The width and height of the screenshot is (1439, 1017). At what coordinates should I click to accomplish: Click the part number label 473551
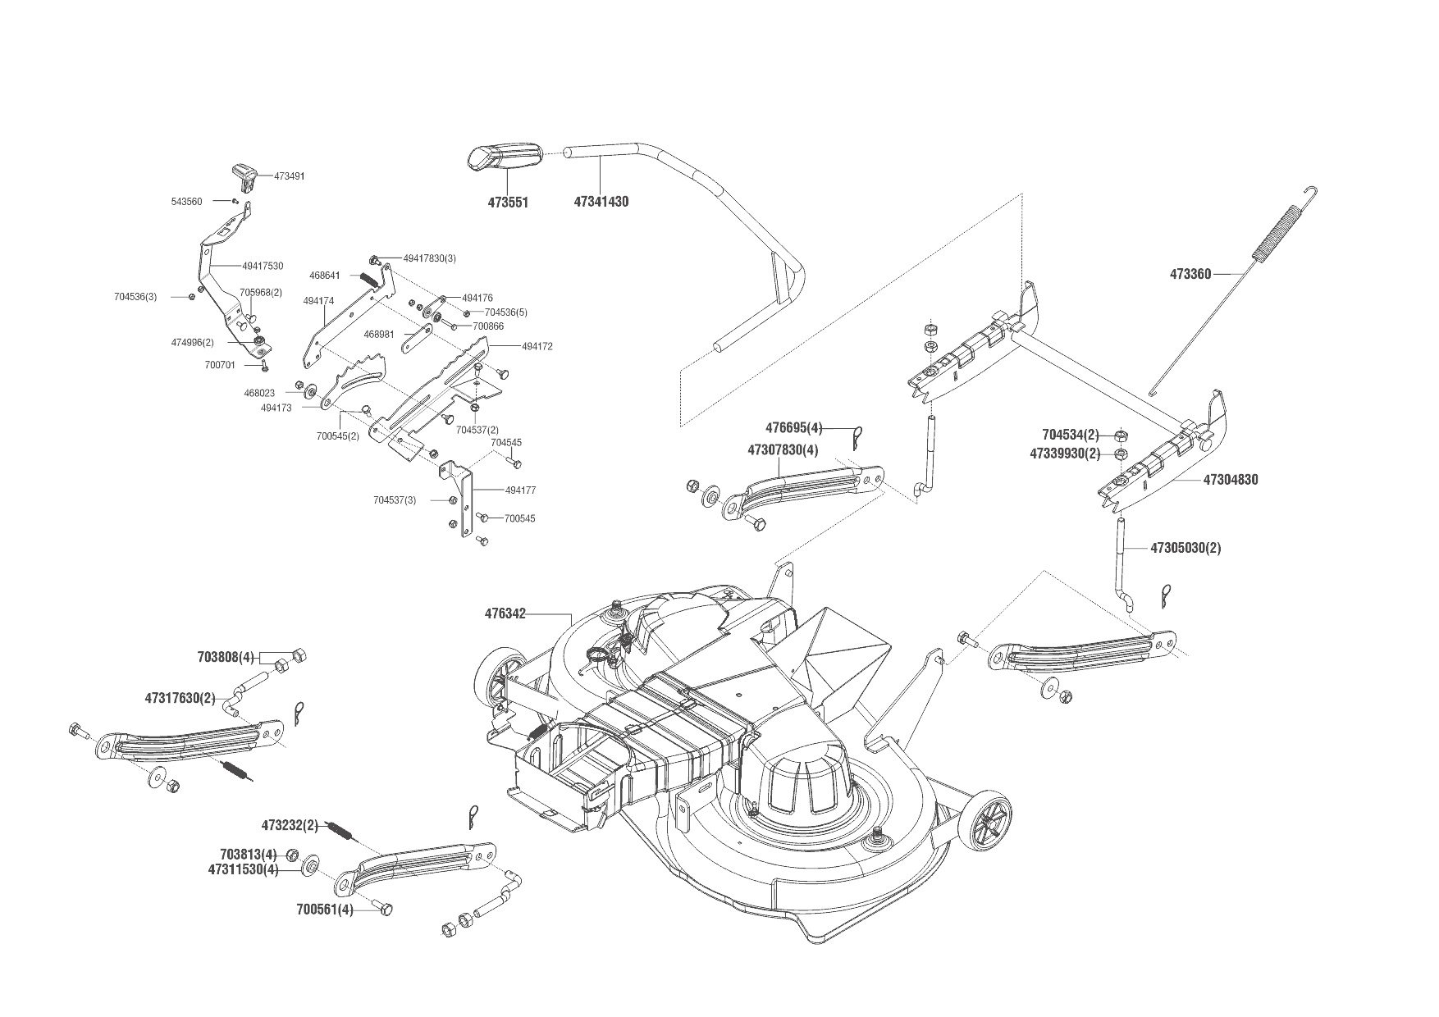pos(506,202)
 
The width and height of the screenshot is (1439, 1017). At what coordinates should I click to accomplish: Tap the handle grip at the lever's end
pos(505,157)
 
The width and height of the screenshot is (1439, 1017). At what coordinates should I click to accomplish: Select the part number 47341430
pos(601,202)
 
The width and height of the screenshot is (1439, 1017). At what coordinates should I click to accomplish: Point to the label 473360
pos(1190,275)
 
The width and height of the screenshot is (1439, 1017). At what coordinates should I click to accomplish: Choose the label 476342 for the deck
pos(505,613)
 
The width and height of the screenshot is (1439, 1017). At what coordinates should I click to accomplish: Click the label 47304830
pos(1230,480)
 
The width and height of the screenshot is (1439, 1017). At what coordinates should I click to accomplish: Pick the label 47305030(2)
pos(1185,548)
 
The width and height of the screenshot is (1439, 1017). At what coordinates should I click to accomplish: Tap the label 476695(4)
pos(793,427)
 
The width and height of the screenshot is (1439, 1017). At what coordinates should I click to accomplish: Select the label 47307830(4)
pos(783,450)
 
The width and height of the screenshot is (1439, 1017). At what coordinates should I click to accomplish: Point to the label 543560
pos(186,202)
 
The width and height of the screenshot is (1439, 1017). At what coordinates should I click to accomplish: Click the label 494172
pos(537,346)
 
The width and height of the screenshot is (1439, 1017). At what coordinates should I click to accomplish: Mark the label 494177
pos(520,490)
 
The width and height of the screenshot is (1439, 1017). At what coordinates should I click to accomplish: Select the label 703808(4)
pos(226,657)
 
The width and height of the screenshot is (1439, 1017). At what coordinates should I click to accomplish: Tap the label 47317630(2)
pos(180,699)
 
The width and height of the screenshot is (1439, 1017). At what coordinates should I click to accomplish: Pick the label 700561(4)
pos(325,910)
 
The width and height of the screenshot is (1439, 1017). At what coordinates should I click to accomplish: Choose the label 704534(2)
pos(1070,435)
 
